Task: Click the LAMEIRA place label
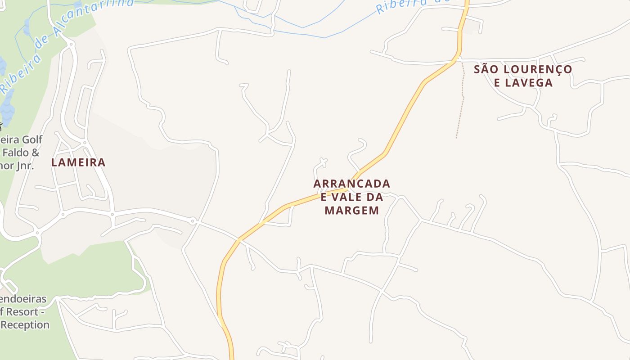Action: tap(78, 162)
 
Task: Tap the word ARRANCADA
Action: tap(352, 184)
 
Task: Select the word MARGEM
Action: tap(352, 210)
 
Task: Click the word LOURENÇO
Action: tap(537, 69)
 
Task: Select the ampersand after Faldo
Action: tap(36, 152)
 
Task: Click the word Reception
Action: tap(25, 324)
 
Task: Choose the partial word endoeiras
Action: tap(23, 299)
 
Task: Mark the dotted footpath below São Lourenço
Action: tap(461, 103)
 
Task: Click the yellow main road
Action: tap(405, 117)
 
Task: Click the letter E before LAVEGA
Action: tap(497, 83)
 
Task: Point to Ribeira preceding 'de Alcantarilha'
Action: tap(20, 72)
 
